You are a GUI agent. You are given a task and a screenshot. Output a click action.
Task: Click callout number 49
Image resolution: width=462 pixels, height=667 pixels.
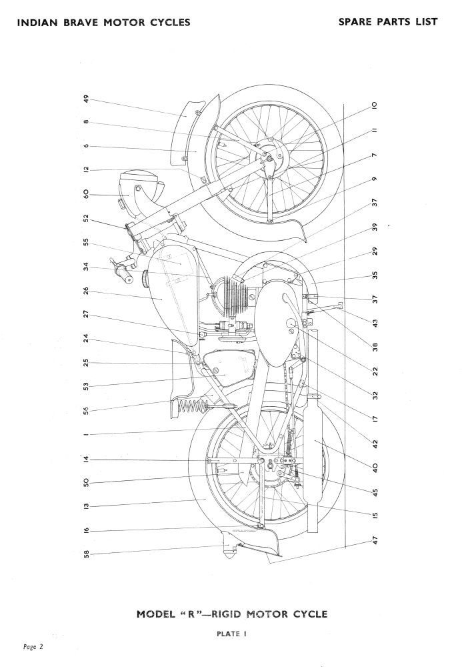pyautogui.click(x=86, y=99)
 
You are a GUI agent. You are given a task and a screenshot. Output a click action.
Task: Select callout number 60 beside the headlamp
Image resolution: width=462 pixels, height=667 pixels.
pyautogui.click(x=86, y=195)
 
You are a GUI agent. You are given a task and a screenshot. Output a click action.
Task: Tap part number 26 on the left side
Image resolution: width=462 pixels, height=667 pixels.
pyautogui.click(x=86, y=291)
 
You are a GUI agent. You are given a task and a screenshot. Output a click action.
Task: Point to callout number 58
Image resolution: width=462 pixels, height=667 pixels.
pyautogui.click(x=86, y=553)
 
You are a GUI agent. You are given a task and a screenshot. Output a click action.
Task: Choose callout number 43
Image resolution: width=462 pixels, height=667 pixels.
pyautogui.click(x=375, y=323)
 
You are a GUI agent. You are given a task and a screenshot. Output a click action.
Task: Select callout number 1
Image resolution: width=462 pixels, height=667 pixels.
pyautogui.click(x=86, y=435)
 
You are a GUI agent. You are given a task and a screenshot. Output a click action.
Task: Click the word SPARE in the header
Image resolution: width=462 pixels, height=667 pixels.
pyautogui.click(x=359, y=21)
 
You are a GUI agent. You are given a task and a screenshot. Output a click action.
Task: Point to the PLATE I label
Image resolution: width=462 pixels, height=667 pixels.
pyautogui.click(x=231, y=634)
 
